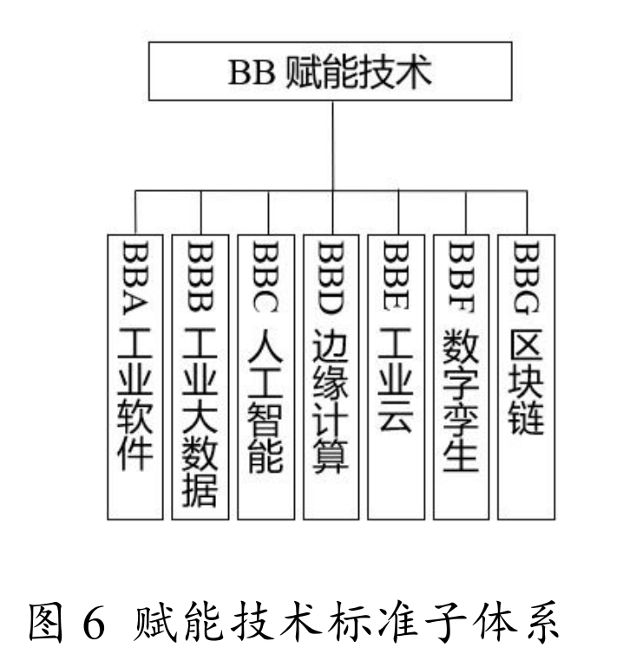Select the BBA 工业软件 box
135,376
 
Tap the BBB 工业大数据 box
201,376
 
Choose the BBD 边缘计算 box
331,376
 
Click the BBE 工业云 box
397,376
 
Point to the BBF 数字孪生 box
462,376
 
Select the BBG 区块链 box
528,376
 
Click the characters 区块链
528,383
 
